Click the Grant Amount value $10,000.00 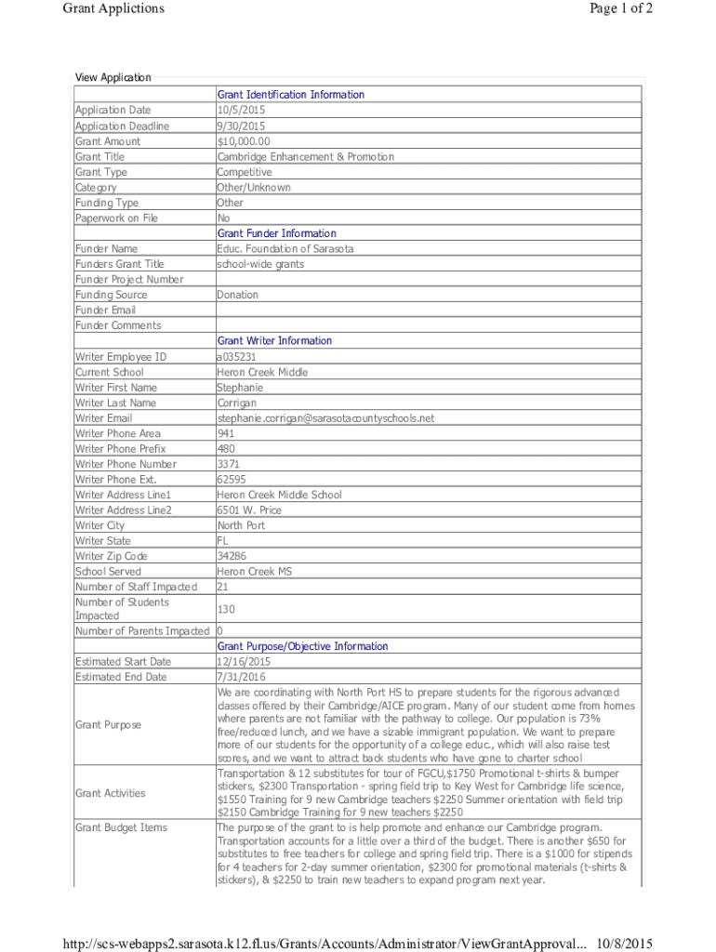coord(244,141)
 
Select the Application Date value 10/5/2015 coord(239,111)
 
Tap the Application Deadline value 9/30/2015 coord(241,126)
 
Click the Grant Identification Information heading coord(290,95)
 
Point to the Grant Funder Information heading coord(276,233)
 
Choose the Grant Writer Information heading coord(274,341)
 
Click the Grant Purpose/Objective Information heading coord(302,646)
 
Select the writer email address coord(325,418)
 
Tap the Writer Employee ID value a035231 coord(236,357)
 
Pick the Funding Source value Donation coord(237,295)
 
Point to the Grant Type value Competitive coord(245,172)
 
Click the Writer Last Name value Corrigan coord(237,403)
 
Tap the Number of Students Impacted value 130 coord(226,609)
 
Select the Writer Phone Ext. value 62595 coord(232,480)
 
